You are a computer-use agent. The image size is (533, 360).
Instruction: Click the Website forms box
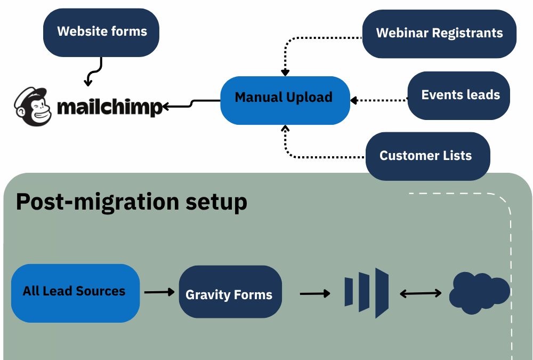tap(101, 32)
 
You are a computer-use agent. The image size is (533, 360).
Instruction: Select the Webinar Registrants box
tap(439, 34)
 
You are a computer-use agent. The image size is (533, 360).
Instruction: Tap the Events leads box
tap(459, 95)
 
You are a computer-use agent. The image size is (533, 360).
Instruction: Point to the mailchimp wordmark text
tap(109, 107)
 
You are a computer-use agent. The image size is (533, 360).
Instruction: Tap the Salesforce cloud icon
tap(479, 293)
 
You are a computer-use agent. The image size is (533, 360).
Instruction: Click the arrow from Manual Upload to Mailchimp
tap(191, 103)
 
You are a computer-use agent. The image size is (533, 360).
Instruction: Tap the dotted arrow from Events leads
tap(379, 100)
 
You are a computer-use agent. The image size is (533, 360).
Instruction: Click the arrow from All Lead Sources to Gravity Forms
tap(159, 292)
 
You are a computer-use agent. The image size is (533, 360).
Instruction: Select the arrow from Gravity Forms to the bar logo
tap(314, 293)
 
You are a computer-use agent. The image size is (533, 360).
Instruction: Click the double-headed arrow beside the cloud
tap(421, 293)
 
